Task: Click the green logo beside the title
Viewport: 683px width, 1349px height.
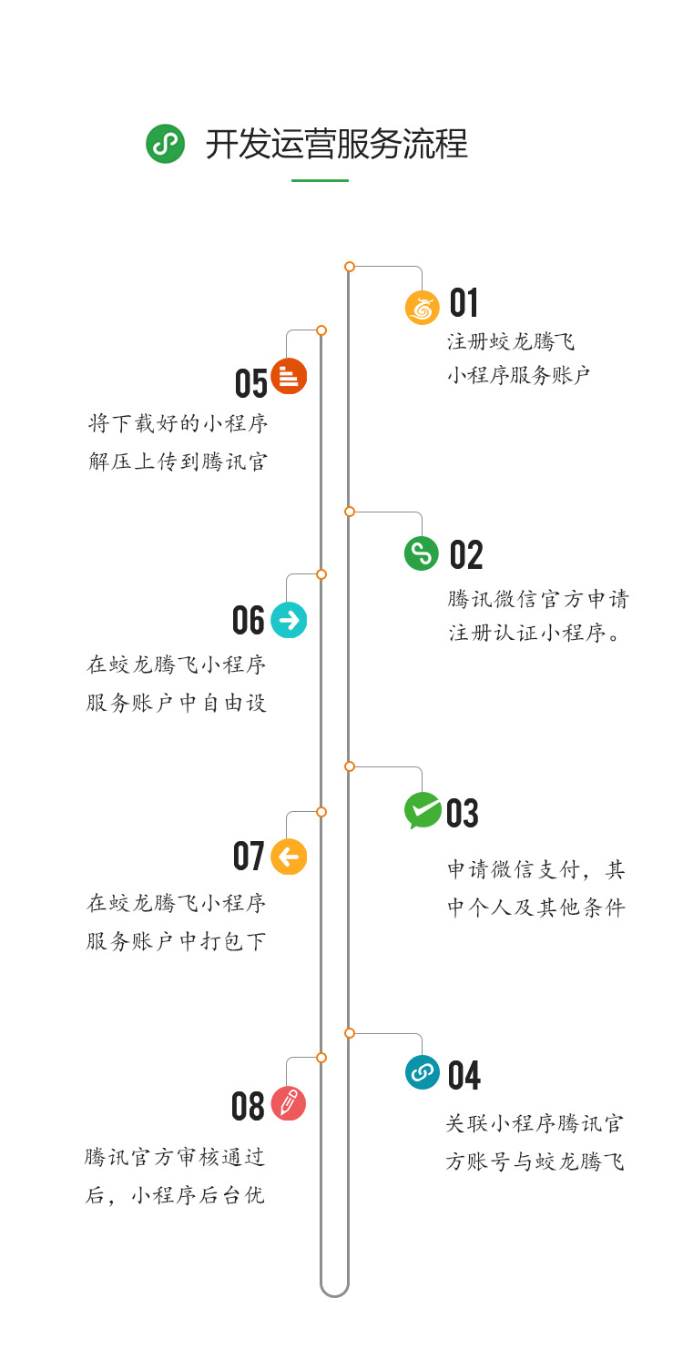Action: [165, 144]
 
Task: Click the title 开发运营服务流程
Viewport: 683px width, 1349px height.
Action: [336, 145]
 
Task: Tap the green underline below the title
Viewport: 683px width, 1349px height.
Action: [320, 180]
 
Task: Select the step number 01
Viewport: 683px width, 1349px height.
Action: [464, 303]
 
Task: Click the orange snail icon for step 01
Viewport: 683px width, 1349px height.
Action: [422, 308]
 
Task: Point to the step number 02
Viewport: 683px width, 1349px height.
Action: [465, 555]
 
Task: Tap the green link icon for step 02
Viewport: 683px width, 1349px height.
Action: [422, 553]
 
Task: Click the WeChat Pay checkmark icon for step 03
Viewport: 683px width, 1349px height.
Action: [422, 810]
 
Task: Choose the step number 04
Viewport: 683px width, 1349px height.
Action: [464, 1076]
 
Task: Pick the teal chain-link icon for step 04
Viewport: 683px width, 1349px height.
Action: [422, 1072]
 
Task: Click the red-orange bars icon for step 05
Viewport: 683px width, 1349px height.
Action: [289, 377]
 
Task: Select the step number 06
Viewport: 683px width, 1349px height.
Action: [248, 621]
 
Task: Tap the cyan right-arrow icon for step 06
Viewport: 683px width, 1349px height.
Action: [289, 621]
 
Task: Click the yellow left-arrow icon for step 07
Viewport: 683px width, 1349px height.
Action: [289, 857]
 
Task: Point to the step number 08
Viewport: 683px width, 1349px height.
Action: [248, 1107]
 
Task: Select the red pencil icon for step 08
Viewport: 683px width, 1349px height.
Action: [289, 1103]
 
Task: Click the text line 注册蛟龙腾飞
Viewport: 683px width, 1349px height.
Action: [511, 342]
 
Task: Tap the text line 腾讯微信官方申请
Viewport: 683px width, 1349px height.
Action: [537, 599]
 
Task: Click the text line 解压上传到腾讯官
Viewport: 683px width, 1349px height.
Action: [178, 461]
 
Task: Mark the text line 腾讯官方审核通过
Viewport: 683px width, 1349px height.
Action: [175, 1157]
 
